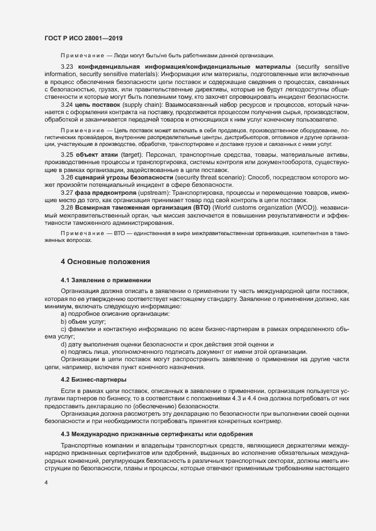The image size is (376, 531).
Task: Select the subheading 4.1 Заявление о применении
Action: (106, 281)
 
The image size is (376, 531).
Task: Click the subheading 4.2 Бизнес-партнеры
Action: (93, 379)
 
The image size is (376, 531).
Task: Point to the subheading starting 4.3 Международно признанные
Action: (156, 434)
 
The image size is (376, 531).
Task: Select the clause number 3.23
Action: (68, 67)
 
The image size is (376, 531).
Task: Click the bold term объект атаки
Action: (100, 154)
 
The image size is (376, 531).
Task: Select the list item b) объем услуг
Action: (83, 321)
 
